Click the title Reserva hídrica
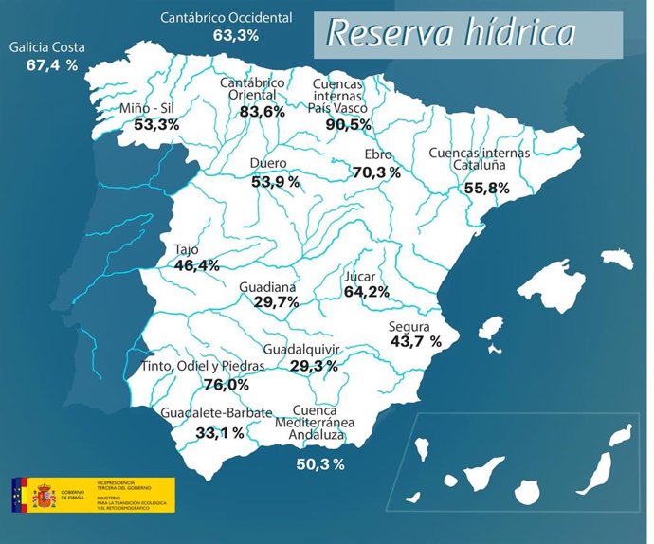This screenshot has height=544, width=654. coord(451,34)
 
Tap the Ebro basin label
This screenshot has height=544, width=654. coord(379,156)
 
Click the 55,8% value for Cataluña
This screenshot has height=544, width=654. coord(486,189)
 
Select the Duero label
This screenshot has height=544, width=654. coord(268,164)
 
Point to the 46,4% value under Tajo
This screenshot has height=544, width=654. coord(196,266)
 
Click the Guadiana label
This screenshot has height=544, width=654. coord(267,286)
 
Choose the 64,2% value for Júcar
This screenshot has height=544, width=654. coord(366,293)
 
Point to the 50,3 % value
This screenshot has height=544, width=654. coord(320,463)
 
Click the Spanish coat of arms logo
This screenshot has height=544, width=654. coord(45,495)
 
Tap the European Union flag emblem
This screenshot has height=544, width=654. coord(19,494)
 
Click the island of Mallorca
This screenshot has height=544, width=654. coord(556,285)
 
